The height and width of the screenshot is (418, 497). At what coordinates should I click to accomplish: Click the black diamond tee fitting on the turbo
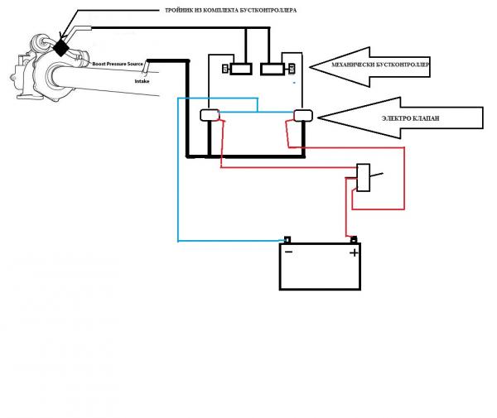60,48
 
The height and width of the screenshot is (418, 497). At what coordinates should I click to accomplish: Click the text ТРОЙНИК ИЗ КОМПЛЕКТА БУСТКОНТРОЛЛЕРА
231,11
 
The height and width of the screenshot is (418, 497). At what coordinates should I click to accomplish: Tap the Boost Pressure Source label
118,64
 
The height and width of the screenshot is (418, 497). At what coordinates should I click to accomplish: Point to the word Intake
142,81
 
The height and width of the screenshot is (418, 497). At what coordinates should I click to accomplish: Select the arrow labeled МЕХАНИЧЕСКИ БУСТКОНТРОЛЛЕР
369,66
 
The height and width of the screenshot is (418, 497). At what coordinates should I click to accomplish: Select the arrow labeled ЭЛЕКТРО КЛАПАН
400,118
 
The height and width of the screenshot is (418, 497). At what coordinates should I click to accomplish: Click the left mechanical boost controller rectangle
241,69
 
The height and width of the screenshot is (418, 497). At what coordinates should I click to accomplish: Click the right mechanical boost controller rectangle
273,69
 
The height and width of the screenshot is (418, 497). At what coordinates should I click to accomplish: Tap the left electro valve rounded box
210,115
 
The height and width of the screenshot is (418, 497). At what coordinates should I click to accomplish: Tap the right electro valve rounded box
303,115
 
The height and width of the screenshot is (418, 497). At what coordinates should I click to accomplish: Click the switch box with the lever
364,178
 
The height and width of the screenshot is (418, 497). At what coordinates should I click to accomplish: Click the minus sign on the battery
289,252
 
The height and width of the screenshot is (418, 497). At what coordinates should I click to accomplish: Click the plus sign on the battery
354,252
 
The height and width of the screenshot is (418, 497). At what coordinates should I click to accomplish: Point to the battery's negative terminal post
287,240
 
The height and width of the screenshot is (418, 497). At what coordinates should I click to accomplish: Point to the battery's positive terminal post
354,240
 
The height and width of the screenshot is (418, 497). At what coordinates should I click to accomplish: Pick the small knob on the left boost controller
225,69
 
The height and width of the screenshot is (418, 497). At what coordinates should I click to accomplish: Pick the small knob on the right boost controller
292,69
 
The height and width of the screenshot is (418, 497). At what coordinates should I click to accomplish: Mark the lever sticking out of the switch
377,175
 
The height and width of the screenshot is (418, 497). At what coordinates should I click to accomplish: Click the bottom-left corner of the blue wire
178,242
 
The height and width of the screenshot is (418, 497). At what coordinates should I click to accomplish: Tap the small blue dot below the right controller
294,83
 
